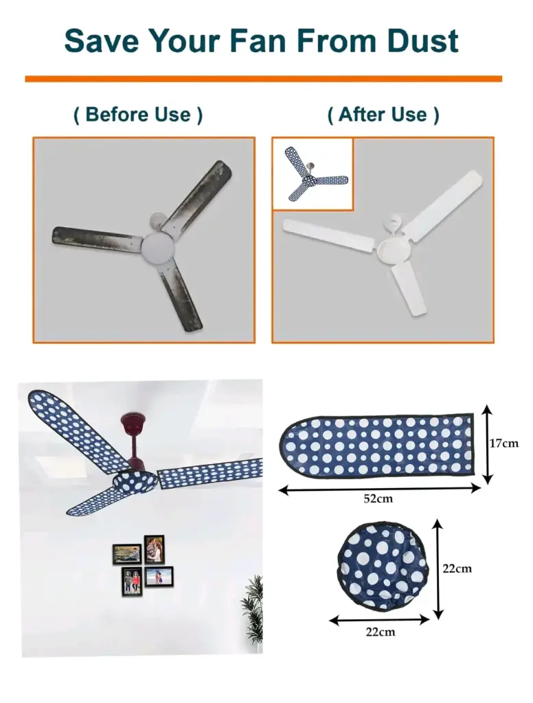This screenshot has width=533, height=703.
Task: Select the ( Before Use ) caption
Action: tap(138, 114)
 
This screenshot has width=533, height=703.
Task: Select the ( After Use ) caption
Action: tap(383, 114)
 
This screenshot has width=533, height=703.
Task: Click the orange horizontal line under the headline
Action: tap(263, 79)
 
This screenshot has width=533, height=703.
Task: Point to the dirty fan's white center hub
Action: tap(160, 248)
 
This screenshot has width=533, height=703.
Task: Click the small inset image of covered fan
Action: tap(313, 173)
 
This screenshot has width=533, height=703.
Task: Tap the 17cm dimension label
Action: tap(503, 443)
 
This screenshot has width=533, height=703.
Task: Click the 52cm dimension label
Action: tap(378, 498)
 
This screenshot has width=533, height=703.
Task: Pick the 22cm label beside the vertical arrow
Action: tap(457, 568)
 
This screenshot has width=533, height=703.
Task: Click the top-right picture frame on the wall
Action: tap(154, 548)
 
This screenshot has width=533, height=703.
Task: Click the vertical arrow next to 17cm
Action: tap(487, 444)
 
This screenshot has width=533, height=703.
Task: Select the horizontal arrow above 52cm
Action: tap(379, 489)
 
